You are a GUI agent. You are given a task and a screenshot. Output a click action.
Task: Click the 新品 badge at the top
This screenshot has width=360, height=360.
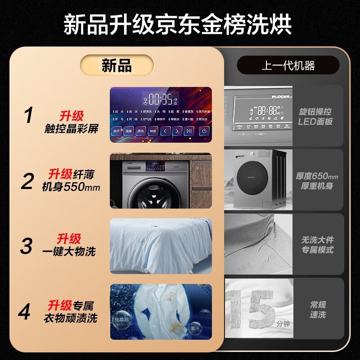click(117, 66)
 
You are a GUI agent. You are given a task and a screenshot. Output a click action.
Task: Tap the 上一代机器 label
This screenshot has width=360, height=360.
click(288, 66)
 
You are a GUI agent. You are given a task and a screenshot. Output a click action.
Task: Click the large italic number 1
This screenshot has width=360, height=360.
click(29, 116)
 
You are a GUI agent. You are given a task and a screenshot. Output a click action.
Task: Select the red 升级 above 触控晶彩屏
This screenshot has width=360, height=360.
click(72, 116)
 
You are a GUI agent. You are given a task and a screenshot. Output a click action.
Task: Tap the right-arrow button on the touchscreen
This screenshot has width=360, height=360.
click(177, 131)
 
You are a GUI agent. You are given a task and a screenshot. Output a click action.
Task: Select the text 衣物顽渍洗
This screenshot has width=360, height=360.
click(70, 318)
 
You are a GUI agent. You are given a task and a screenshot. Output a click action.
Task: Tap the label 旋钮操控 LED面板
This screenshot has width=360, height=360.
click(315, 116)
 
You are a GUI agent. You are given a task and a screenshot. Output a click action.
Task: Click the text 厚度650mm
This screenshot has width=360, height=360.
click(317, 176)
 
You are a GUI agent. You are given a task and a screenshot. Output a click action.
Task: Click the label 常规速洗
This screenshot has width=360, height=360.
click(318, 309)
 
